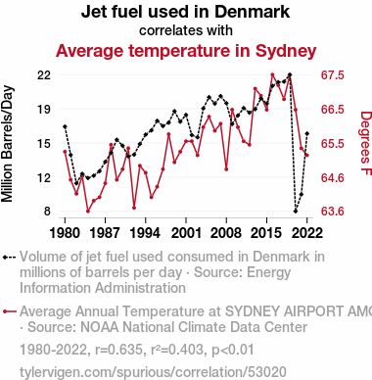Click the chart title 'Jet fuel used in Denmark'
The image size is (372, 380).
click(185, 12)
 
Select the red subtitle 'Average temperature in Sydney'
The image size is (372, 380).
click(186, 51)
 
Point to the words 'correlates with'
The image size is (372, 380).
click(186, 30)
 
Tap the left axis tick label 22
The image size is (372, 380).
click(44, 75)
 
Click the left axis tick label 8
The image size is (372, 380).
click(48, 212)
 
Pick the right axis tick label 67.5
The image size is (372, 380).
click(332, 75)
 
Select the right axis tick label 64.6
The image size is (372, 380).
click(332, 178)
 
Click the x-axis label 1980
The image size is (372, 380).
click(65, 233)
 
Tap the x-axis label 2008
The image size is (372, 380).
click(226, 233)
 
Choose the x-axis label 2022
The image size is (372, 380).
click(307, 233)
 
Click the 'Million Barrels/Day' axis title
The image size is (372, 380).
click(7, 144)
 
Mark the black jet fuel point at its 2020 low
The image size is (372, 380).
click(296, 212)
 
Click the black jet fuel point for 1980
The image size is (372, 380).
click(65, 126)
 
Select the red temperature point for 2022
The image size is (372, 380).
click(307, 155)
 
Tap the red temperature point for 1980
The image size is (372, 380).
click(65, 152)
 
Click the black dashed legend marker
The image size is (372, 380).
click(9, 258)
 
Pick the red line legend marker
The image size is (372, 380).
click(9, 311)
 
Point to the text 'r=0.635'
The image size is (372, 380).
click(118, 350)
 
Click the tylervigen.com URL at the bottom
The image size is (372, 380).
click(153, 372)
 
